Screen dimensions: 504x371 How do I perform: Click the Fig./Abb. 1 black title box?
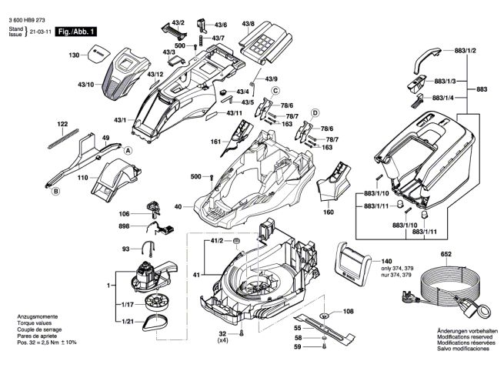pyautogui.click(x=76, y=32)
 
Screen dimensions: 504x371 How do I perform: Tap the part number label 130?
pyautogui.click(x=74, y=55)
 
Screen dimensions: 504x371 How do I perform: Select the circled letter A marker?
pyautogui.click(x=128, y=150)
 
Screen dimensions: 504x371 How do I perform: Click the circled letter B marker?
pyautogui.click(x=56, y=192)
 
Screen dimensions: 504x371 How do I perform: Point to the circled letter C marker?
pyautogui.click(x=275, y=91)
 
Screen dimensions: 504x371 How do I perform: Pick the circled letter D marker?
pyautogui.click(x=315, y=113)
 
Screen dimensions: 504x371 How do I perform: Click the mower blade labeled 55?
pyautogui.click(x=324, y=328)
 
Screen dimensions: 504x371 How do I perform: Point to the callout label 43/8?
pyautogui.click(x=248, y=24)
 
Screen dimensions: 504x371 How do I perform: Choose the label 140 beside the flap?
pyautogui.click(x=386, y=261)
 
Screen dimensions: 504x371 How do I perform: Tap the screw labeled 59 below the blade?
pyautogui.click(x=324, y=346)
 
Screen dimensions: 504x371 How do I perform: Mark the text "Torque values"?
pyautogui.click(x=35, y=323)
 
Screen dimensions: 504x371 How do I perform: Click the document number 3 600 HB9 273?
pyautogui.click(x=27, y=20)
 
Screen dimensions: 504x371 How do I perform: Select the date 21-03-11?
pyautogui.click(x=41, y=32)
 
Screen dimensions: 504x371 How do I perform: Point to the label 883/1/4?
pyautogui.click(x=443, y=98)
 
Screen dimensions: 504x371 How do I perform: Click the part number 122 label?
pyautogui.click(x=62, y=124)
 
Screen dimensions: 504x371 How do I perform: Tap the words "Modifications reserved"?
pyautogui.click(x=465, y=337)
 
